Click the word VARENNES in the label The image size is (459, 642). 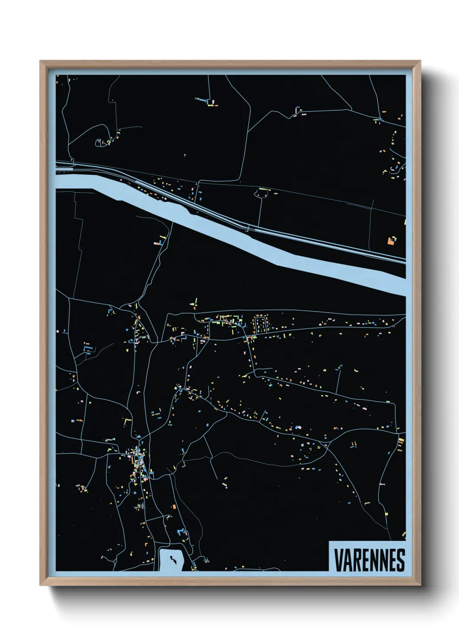[369, 560]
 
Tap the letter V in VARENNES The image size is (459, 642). [338, 560]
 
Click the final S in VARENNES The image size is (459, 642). [400, 560]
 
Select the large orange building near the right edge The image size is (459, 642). [391, 241]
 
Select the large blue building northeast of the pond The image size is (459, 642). [180, 532]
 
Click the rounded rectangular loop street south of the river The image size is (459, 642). [261, 325]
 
